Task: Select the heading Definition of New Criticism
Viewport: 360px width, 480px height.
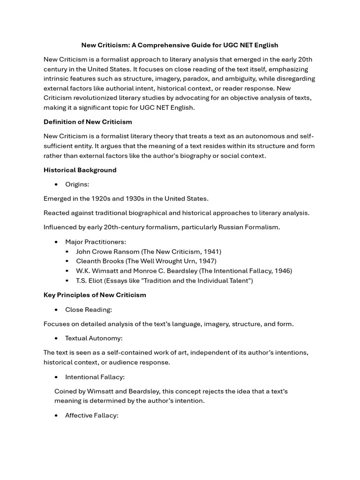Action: click(88, 122)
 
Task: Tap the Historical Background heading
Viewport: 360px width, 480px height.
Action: click(80, 170)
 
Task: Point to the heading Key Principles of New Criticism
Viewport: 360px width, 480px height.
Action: click(95, 295)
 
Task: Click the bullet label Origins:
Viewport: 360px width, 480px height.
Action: click(77, 185)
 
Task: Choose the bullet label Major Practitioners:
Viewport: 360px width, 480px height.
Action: click(96, 242)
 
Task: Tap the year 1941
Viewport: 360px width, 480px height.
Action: click(211, 252)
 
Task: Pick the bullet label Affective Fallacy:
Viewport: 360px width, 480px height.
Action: click(91, 415)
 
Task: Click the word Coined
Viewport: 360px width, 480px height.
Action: click(65, 391)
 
